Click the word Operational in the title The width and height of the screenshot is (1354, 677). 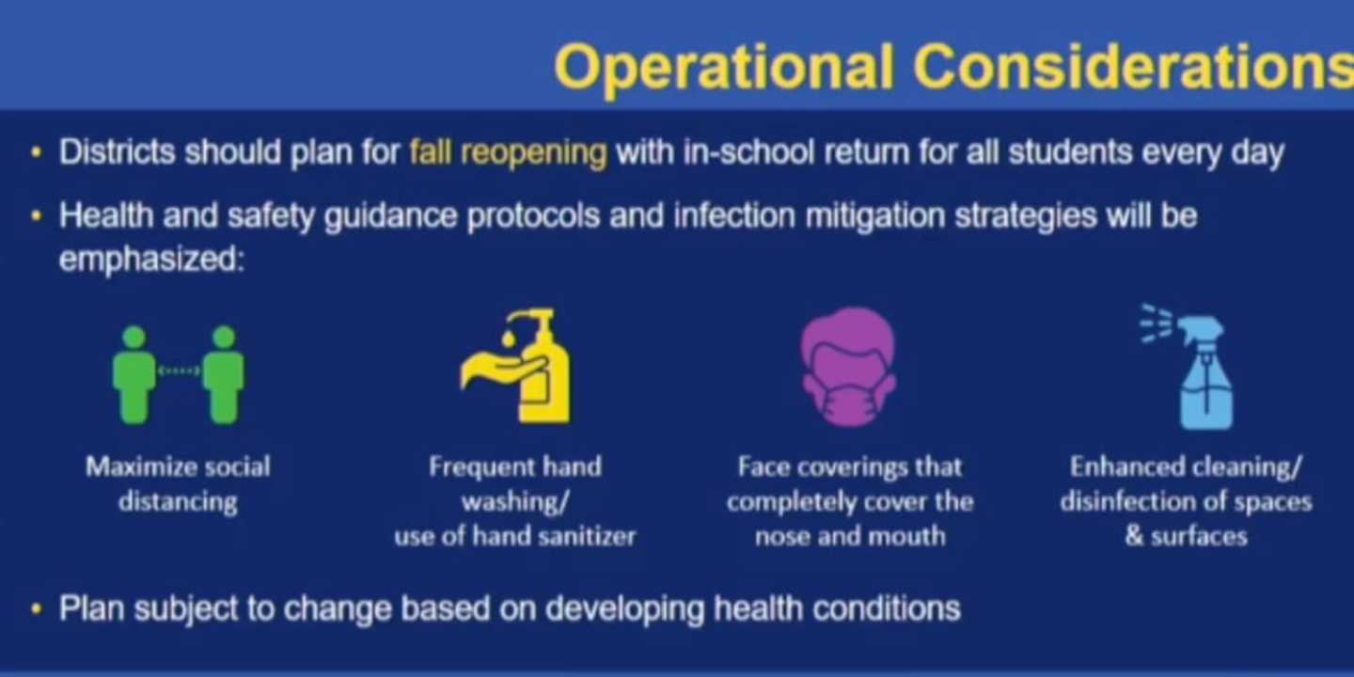point(724,68)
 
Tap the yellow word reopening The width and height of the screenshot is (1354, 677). point(534,153)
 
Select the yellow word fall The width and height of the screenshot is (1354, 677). point(431,151)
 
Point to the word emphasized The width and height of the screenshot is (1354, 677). point(151,260)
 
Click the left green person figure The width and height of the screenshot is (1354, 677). point(134,375)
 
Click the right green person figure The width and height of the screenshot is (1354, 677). point(224,375)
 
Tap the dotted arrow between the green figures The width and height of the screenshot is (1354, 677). point(179,370)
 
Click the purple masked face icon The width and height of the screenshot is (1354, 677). point(849,367)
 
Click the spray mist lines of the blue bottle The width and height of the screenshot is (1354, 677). point(1156,324)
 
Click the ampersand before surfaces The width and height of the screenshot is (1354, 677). point(1134,536)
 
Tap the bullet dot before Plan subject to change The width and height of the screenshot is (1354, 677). point(37,608)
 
